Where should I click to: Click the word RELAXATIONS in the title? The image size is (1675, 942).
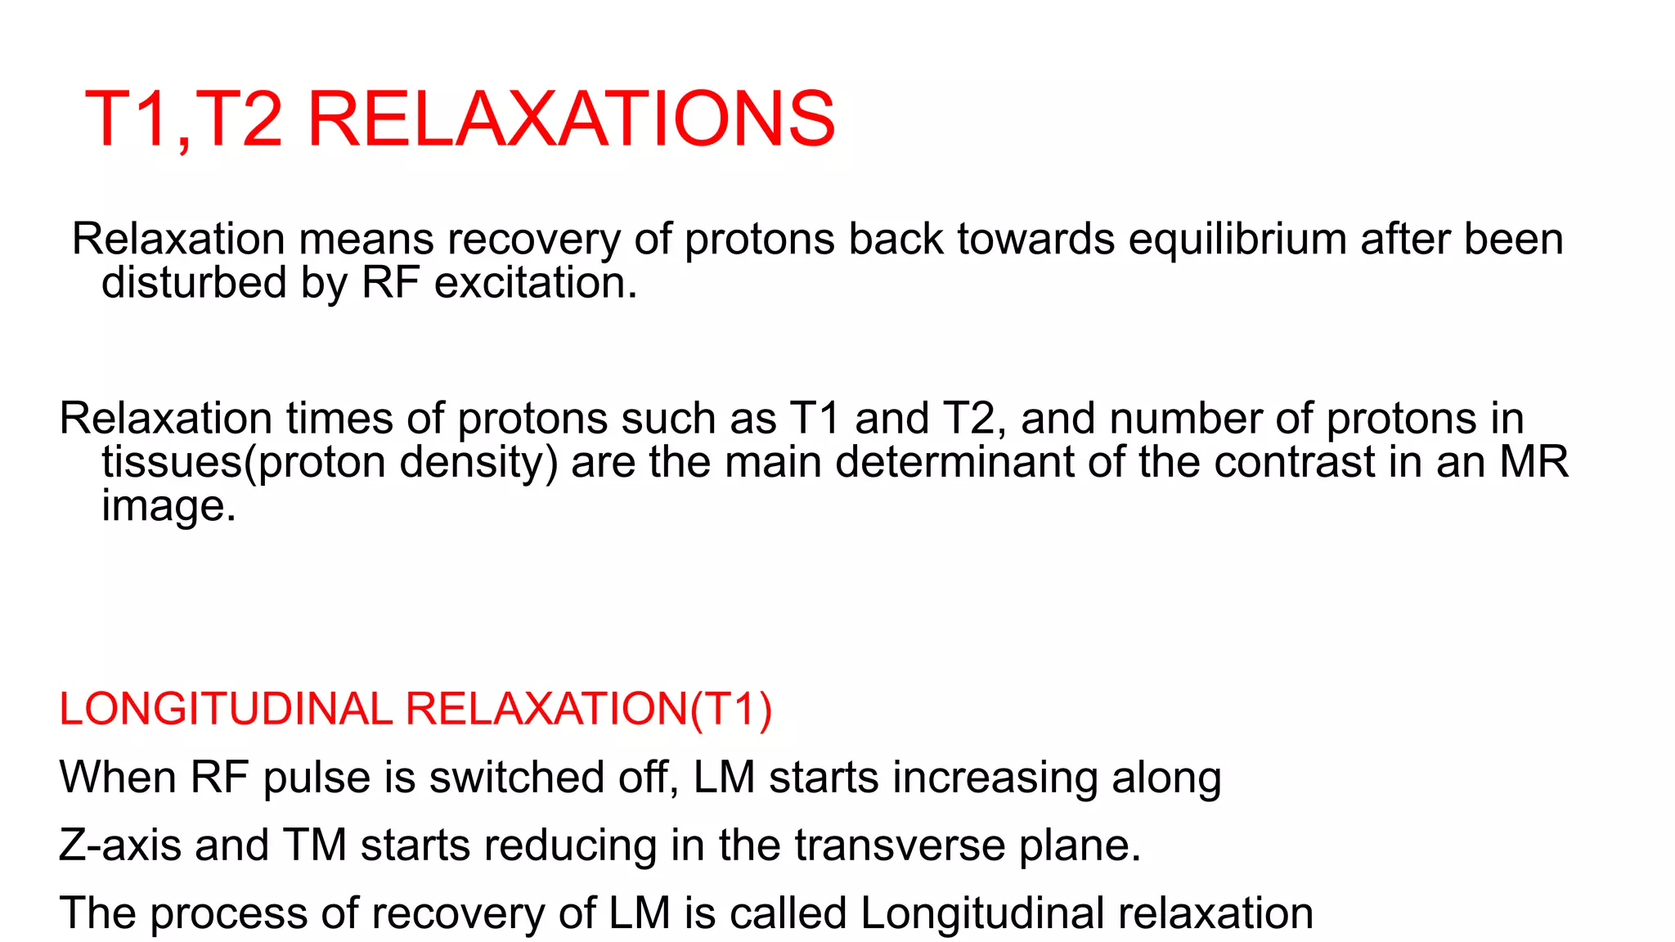[571, 119]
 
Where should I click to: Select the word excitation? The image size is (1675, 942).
[535, 283]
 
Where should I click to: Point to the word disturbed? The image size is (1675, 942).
[194, 283]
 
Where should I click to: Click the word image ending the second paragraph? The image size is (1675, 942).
[168, 506]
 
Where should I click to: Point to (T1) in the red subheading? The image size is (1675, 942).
[731, 709]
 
